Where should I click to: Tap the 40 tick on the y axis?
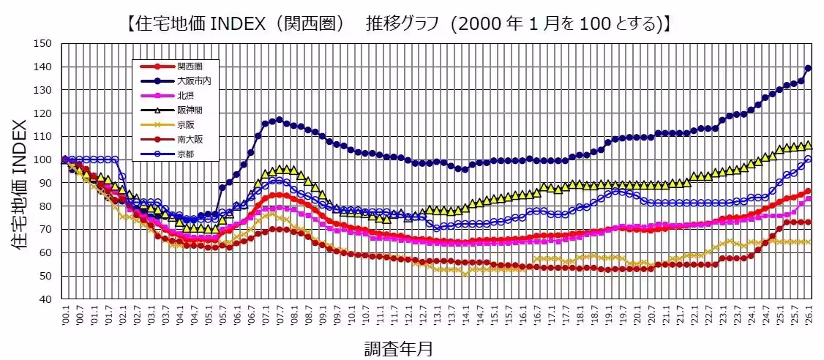(x=45, y=299)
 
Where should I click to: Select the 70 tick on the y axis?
(x=45, y=230)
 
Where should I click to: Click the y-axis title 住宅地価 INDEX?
(x=20, y=172)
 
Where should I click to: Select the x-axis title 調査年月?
(x=399, y=348)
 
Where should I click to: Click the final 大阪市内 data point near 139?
(x=808, y=68)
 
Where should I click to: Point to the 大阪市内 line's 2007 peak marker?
(x=279, y=120)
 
